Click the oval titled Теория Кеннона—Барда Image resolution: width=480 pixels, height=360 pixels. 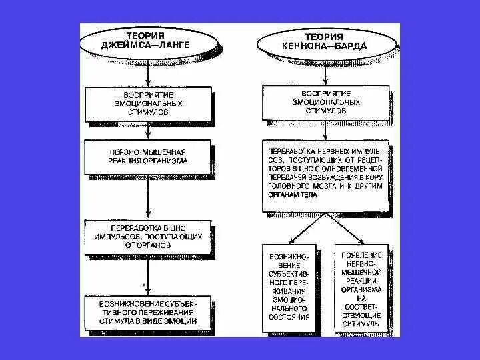click(325, 43)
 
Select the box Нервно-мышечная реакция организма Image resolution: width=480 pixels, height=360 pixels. click(148, 156)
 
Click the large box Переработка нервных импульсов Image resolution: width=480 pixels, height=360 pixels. click(325, 175)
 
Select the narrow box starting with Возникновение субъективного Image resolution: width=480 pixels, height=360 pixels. click(289, 286)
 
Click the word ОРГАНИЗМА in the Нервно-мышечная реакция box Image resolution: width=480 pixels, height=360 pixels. click(167, 161)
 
